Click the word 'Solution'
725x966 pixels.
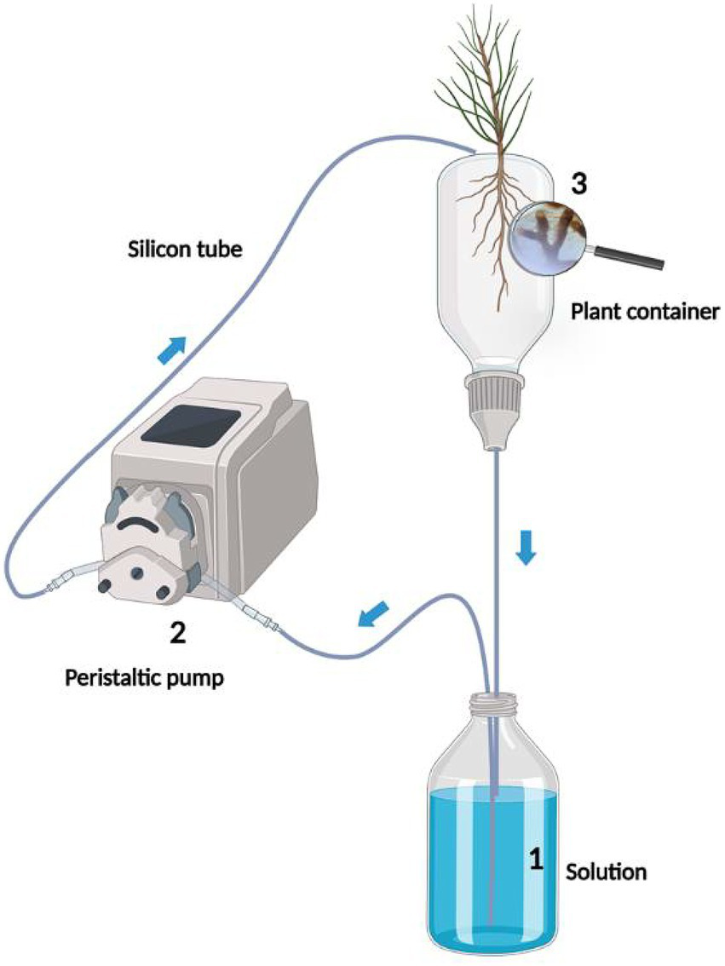(607, 872)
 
